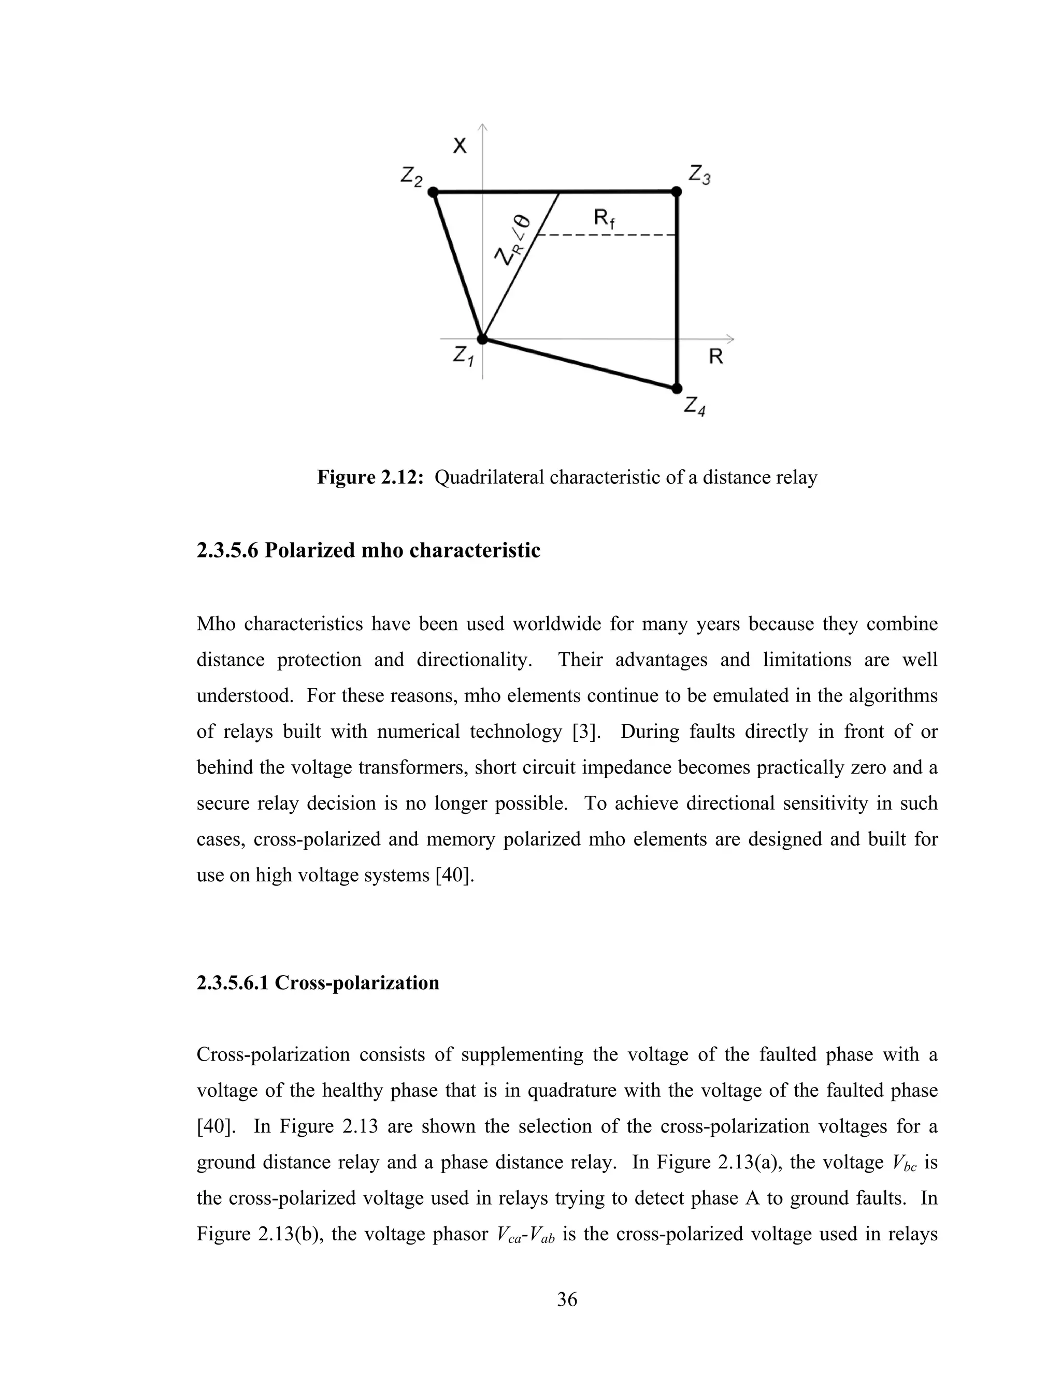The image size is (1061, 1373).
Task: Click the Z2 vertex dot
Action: [433, 191]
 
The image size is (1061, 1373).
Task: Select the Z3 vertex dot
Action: [676, 191]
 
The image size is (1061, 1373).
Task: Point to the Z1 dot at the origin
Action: [482, 339]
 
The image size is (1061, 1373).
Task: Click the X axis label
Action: [460, 147]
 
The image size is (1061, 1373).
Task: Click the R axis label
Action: [715, 357]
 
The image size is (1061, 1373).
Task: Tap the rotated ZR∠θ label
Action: [512, 241]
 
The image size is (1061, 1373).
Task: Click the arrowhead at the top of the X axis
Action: [483, 127]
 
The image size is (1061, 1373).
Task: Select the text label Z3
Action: [699, 174]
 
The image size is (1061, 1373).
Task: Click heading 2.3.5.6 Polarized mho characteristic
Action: [368, 550]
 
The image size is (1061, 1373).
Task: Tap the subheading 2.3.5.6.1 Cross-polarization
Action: [318, 982]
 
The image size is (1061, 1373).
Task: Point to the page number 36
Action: [567, 1299]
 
